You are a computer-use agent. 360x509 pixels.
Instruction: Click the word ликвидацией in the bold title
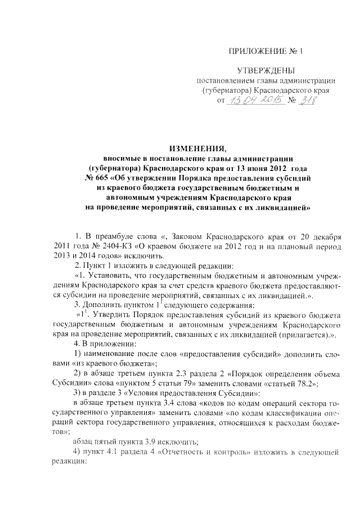277,208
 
